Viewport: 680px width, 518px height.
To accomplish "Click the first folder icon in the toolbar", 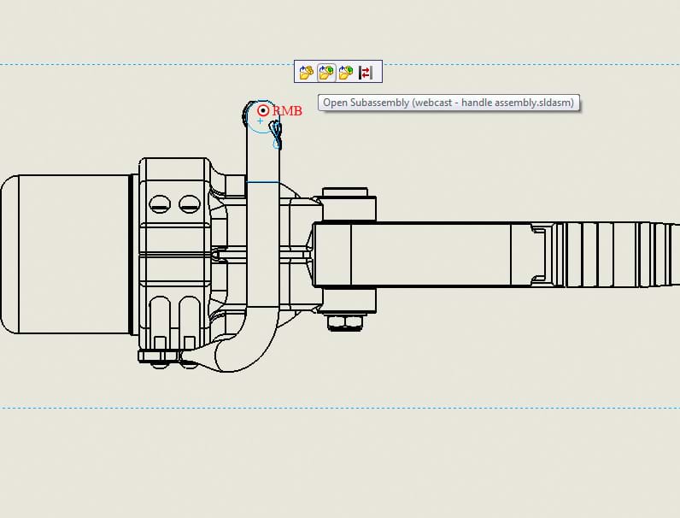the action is [307, 72].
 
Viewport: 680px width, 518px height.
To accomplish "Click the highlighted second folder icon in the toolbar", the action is [326, 72].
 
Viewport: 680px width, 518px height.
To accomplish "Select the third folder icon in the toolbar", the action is [346, 72].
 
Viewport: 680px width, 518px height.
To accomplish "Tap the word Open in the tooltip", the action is [335, 103].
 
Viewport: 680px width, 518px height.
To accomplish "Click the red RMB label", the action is [287, 111].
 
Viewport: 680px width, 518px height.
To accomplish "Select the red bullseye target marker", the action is [263, 110].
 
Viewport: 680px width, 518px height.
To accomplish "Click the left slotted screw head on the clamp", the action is [160, 204].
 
